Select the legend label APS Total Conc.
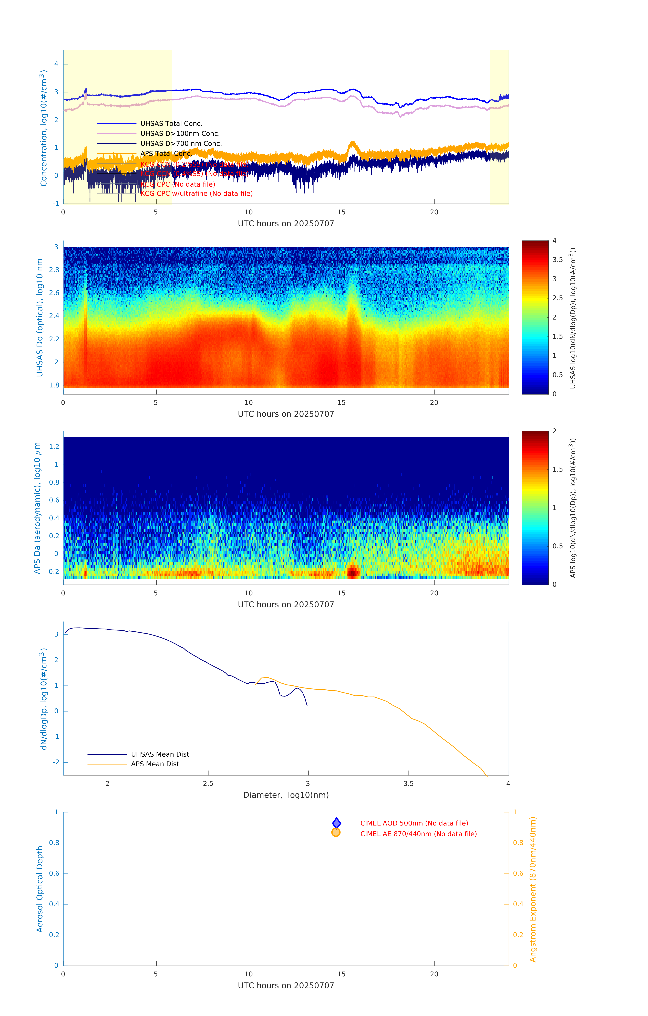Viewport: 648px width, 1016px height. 166,154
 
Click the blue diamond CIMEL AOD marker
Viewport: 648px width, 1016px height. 336,823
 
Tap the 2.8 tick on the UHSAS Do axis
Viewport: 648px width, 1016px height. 54,270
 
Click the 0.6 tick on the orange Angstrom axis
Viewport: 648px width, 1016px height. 518,873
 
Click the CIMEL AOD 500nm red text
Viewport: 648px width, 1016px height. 414,823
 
